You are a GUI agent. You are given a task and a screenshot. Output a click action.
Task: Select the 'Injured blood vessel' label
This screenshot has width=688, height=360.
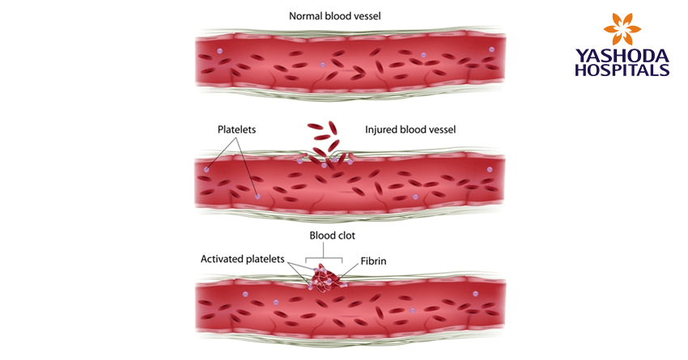tap(410, 129)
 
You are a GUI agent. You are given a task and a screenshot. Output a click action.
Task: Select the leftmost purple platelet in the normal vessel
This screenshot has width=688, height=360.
tap(219, 50)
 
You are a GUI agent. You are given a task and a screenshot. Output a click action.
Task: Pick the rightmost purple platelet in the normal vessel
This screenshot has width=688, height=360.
tap(491, 49)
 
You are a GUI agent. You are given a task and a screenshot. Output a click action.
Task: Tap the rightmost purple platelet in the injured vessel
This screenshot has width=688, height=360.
tap(489, 169)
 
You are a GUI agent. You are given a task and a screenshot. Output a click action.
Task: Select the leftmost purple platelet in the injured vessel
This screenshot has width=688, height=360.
tap(207, 169)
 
